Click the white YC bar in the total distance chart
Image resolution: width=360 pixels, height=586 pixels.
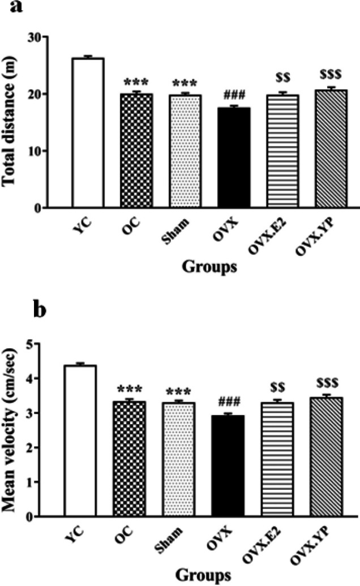coord(88,132)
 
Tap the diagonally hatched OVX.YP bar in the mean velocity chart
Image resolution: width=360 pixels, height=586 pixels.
coord(327,457)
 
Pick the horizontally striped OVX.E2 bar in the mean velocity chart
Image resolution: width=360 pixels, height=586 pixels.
coord(277,459)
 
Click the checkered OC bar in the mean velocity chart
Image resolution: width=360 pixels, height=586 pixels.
coord(129,459)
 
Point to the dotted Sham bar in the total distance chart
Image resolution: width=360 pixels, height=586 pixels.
coord(185,151)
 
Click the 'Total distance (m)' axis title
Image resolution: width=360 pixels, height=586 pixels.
coord(9,121)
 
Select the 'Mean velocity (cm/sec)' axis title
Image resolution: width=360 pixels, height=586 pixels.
coord(9,430)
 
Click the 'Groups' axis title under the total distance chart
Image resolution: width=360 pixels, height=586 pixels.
coord(209,267)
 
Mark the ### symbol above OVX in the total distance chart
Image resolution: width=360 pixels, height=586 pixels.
coord(234,96)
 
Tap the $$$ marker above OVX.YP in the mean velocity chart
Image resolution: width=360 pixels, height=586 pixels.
coord(327,383)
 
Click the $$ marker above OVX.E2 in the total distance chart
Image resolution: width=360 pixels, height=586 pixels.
coord(282,77)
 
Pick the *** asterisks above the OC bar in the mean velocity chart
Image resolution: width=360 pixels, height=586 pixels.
coord(129,390)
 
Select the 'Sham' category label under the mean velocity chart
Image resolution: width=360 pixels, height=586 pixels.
coord(169,540)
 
